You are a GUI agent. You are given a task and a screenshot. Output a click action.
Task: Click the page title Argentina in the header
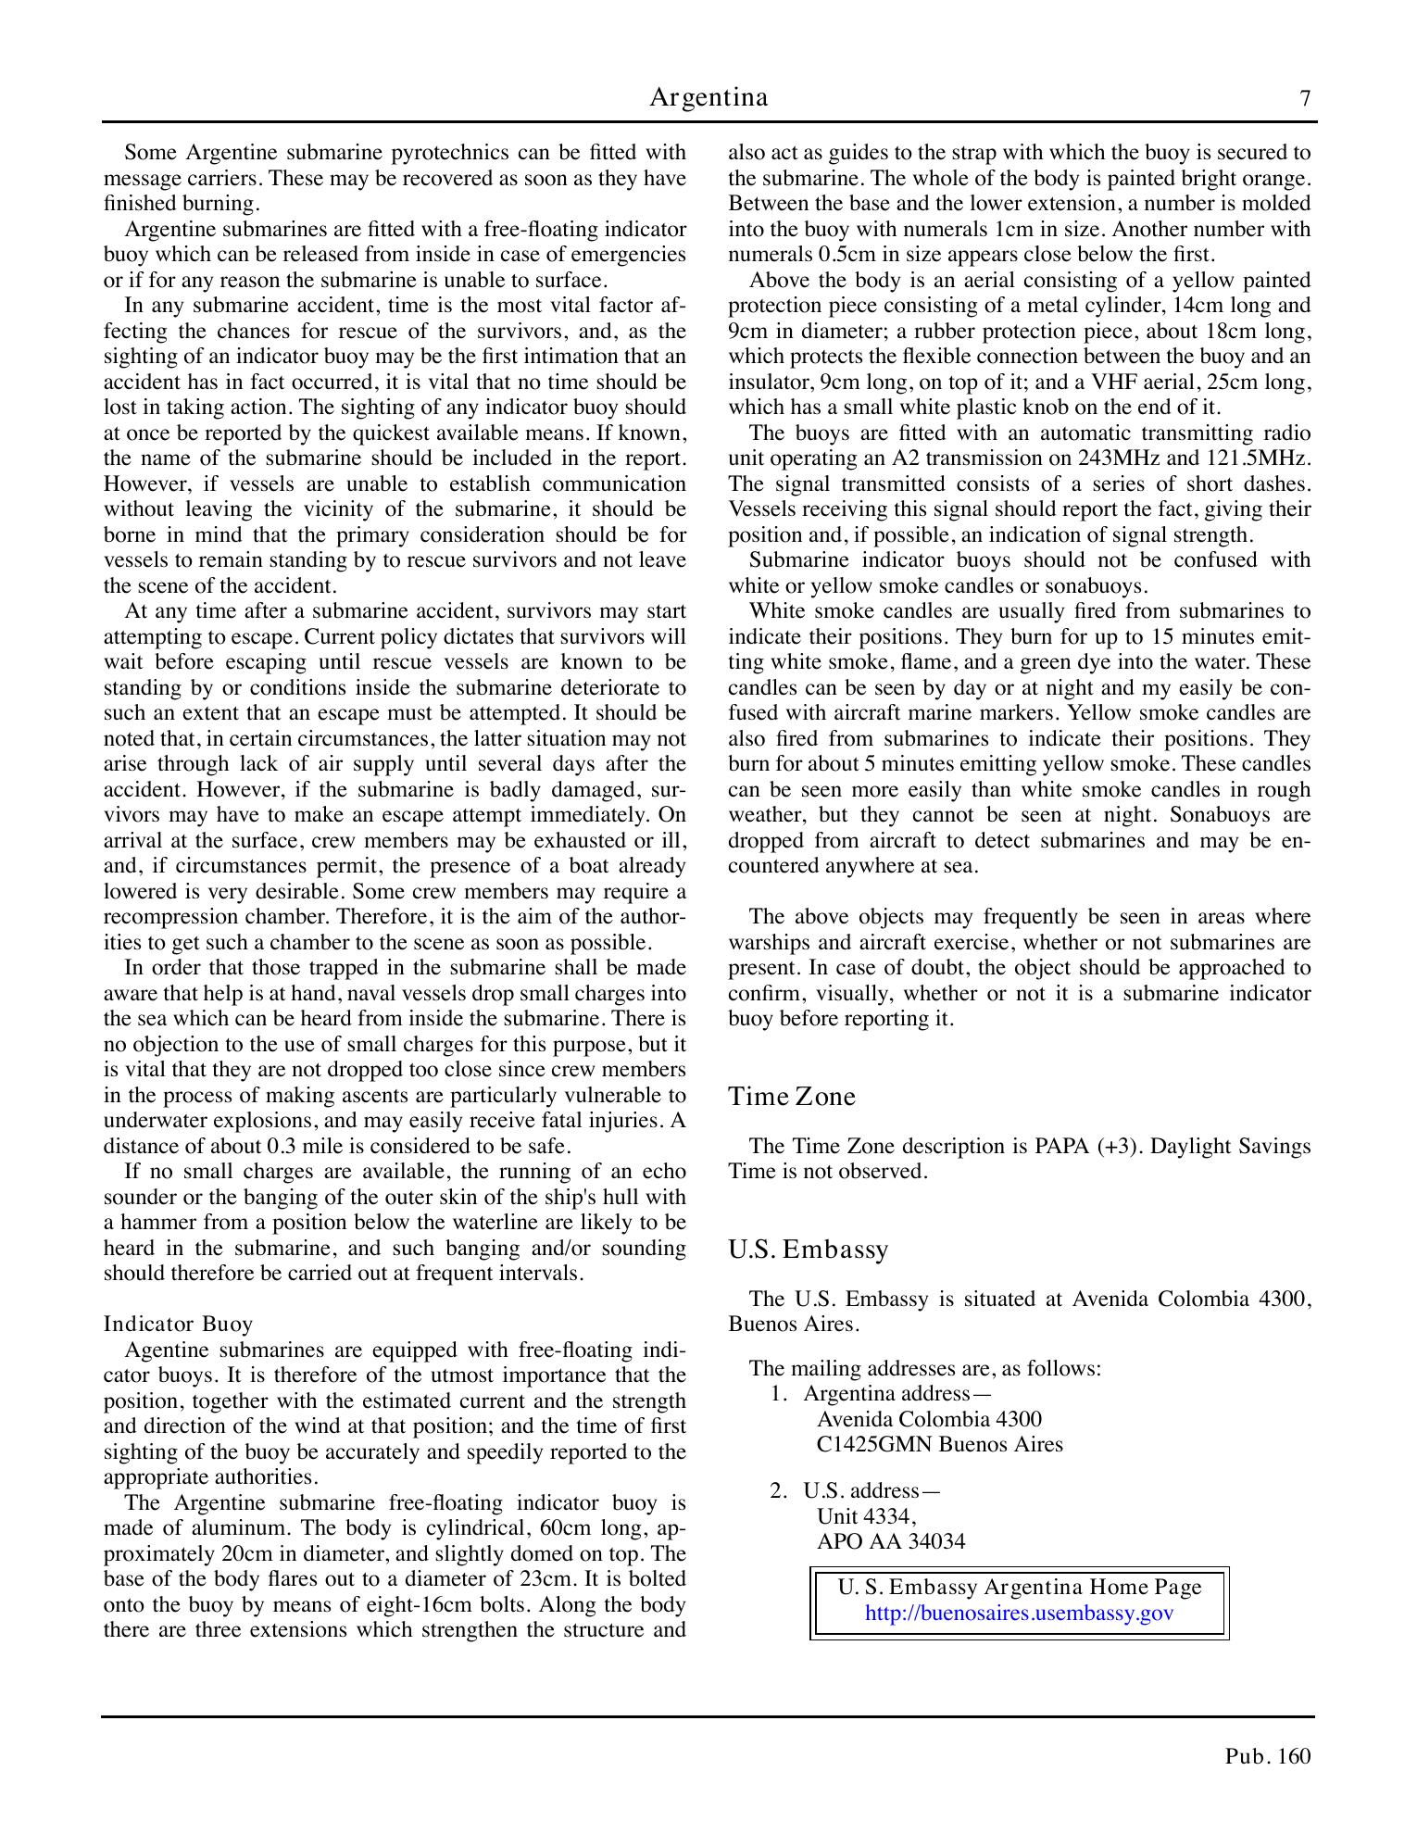click(x=708, y=97)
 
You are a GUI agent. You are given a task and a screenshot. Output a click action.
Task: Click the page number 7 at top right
click(x=1305, y=98)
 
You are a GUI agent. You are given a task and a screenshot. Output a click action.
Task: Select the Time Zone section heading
click(x=792, y=1096)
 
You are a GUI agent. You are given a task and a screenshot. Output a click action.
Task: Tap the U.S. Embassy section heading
click(x=809, y=1250)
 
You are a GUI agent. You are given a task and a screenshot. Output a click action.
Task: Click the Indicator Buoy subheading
click(x=178, y=1324)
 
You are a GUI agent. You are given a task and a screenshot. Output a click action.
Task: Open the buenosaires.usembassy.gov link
click(x=1019, y=1613)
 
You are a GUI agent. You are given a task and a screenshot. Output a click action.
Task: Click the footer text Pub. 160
click(x=1268, y=1756)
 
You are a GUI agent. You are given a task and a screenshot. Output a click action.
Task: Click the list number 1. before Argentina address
click(x=779, y=1394)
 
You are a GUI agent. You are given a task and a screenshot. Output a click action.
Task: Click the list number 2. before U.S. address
click(x=779, y=1490)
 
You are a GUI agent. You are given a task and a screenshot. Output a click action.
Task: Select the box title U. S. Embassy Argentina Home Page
click(x=1020, y=1588)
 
